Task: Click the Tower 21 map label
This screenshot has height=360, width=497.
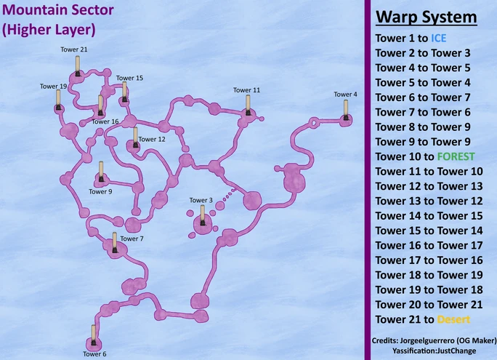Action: click(x=75, y=49)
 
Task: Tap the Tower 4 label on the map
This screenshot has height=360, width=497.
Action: click(x=345, y=95)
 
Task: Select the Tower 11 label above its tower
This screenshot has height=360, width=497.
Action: click(x=246, y=90)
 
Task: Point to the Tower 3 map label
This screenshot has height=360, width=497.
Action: click(x=201, y=200)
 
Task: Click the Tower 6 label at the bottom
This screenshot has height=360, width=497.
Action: click(x=94, y=354)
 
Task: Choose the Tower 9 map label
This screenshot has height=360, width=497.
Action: click(x=100, y=192)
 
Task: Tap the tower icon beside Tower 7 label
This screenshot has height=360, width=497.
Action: click(x=114, y=242)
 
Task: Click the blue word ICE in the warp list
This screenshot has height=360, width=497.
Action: click(x=440, y=38)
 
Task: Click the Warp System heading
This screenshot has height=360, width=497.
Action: click(x=426, y=17)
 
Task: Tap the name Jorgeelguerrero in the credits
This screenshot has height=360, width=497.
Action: click(x=422, y=340)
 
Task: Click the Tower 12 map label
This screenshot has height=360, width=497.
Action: click(x=151, y=139)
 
